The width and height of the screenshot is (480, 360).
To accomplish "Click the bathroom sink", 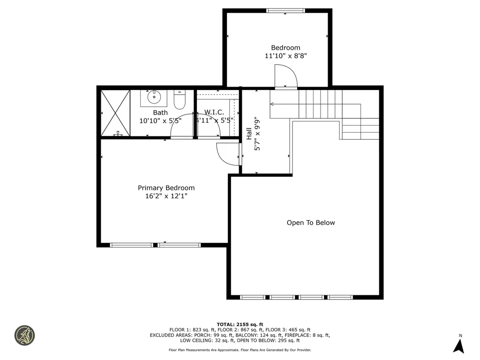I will click(x=153, y=98).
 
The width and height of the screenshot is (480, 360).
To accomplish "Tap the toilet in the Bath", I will click(x=180, y=100).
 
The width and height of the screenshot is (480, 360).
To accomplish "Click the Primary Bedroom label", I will click(x=166, y=188).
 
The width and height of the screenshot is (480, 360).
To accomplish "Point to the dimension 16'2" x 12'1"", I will click(x=166, y=196).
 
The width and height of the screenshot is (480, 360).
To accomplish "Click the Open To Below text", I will click(x=311, y=223).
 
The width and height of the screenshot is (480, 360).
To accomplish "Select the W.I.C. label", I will click(x=214, y=112).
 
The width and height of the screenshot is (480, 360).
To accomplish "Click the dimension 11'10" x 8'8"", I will click(x=285, y=56).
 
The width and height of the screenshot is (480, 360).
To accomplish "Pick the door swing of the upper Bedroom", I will click(x=286, y=76).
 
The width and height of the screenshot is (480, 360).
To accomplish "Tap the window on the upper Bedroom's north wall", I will click(x=285, y=10).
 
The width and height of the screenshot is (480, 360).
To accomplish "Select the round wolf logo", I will click(x=24, y=336).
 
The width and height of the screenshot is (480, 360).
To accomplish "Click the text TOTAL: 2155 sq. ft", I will click(x=240, y=324).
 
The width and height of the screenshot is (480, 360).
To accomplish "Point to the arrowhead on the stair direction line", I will click(x=272, y=104).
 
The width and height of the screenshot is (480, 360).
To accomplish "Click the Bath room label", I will click(x=160, y=112).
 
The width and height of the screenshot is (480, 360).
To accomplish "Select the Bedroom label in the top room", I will click(x=285, y=47).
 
